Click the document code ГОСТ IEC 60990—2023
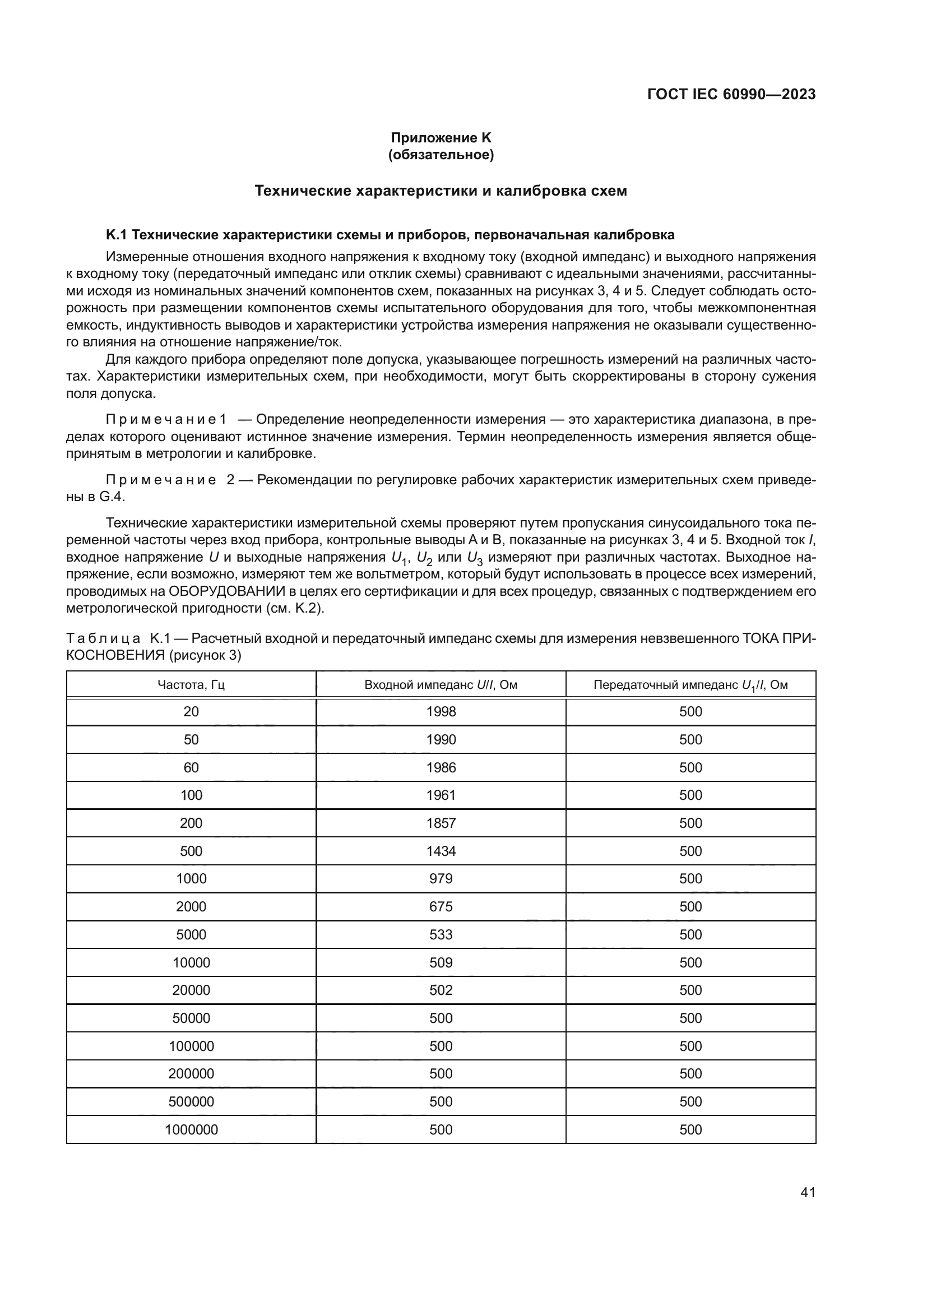click(731, 95)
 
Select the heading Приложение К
click(441, 138)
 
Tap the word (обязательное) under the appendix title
click(441, 155)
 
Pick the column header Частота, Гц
click(191, 684)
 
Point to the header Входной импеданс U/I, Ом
click(441, 684)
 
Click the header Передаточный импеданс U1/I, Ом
click(690, 684)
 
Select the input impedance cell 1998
click(441, 712)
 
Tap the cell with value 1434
click(441, 851)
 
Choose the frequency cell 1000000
click(191, 1130)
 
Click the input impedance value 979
click(441, 879)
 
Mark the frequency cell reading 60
click(191, 768)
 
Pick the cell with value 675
click(441, 907)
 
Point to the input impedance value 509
click(441, 963)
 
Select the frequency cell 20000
click(191, 990)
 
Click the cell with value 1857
click(441, 823)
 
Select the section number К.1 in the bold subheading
click(117, 235)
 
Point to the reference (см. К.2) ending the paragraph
click(295, 608)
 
